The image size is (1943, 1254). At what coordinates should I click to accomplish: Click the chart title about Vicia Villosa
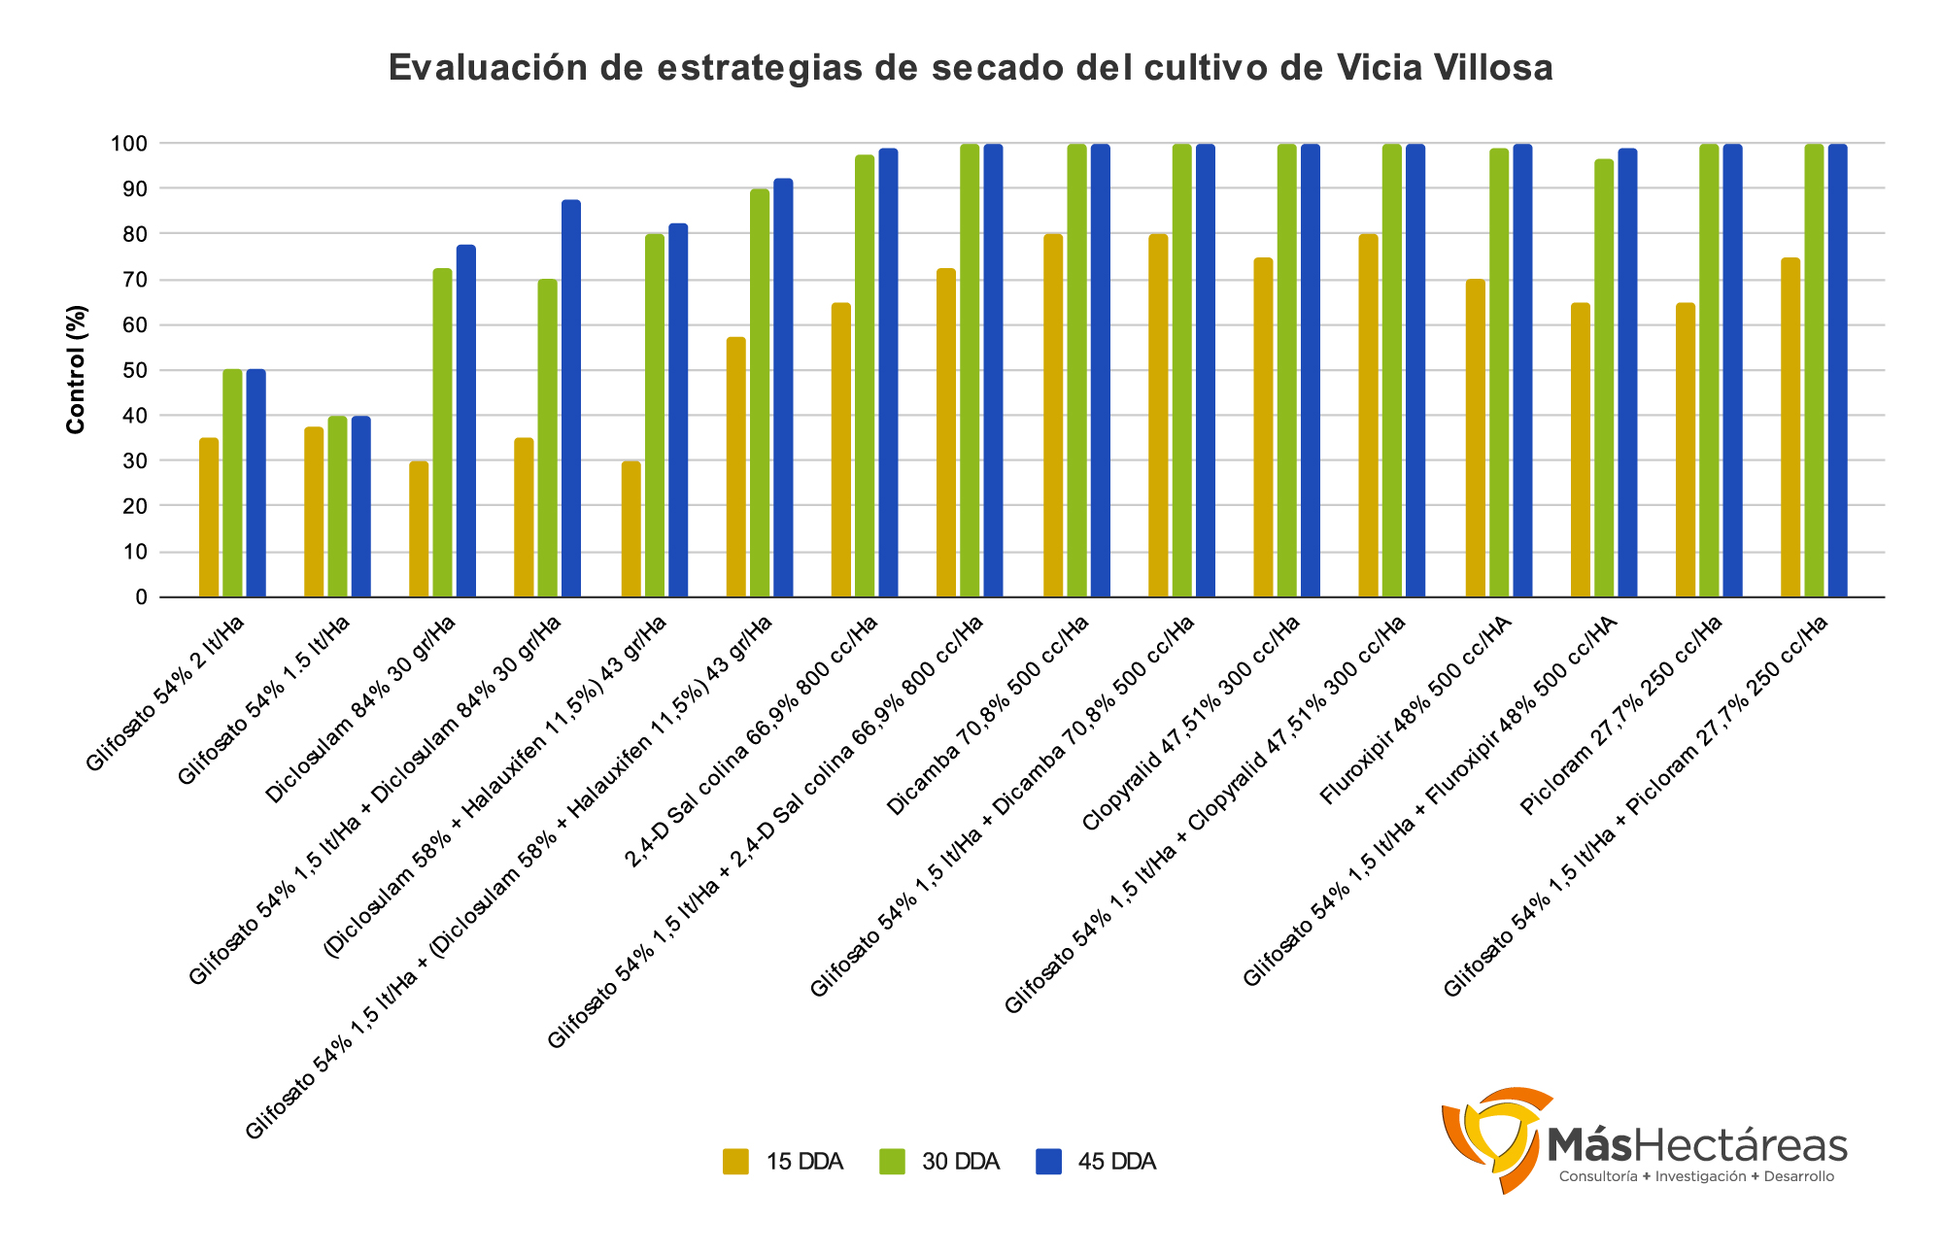click(x=971, y=68)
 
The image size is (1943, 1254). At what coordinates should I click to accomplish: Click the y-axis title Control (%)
click(x=77, y=369)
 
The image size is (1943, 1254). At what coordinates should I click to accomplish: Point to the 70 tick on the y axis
click(x=135, y=280)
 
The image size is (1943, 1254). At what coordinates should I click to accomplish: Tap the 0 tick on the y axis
click(x=141, y=597)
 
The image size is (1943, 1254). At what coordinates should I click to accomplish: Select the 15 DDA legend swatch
click(x=735, y=1162)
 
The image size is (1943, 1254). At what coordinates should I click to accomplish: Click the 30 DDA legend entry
click(x=938, y=1162)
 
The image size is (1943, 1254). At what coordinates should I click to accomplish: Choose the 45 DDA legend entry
click(x=1095, y=1162)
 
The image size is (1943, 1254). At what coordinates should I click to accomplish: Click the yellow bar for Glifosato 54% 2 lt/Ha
click(x=209, y=518)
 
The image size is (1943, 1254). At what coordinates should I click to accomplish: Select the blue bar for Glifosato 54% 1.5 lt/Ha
click(x=360, y=506)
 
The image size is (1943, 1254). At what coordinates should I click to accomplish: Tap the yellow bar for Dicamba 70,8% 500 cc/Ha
click(x=1053, y=416)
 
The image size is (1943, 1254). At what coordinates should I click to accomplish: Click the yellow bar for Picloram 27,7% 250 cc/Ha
click(x=1686, y=451)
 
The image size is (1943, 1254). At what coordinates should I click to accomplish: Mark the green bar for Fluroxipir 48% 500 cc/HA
click(x=1499, y=373)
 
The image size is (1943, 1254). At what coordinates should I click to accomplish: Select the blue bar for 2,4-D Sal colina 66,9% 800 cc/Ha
click(x=888, y=373)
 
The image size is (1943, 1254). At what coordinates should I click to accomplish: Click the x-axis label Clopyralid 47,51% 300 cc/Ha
click(x=1190, y=724)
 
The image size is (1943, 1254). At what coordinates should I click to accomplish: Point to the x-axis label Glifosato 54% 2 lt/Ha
click(x=165, y=692)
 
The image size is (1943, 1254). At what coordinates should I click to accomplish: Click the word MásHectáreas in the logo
click(x=1696, y=1146)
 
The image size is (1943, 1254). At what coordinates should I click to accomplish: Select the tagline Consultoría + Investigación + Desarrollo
click(x=1696, y=1176)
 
